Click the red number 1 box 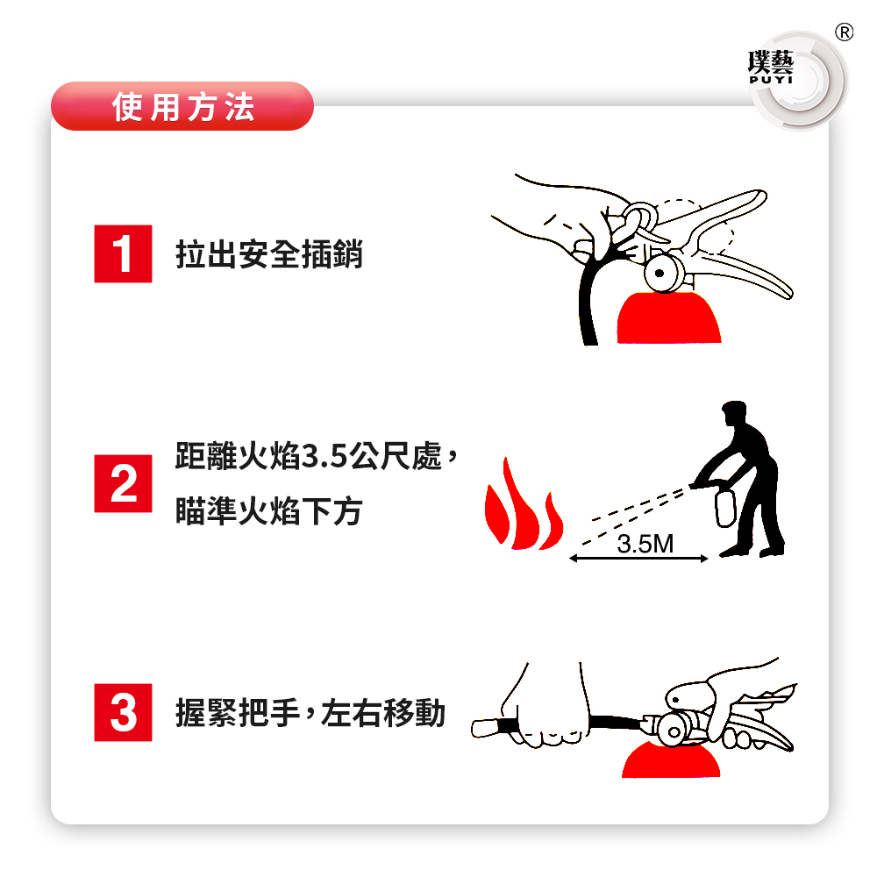point(123,253)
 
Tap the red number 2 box point(123,483)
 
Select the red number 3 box point(123,712)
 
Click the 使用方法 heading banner point(182,106)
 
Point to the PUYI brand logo point(771,68)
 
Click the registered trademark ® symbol point(844,32)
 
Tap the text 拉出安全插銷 point(269,254)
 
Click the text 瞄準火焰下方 point(269,510)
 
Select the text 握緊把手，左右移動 point(310,713)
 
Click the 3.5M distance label point(645,544)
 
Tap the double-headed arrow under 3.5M point(638,558)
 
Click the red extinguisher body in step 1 point(669,317)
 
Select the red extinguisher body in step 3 point(671,760)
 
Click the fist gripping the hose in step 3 point(545,708)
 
